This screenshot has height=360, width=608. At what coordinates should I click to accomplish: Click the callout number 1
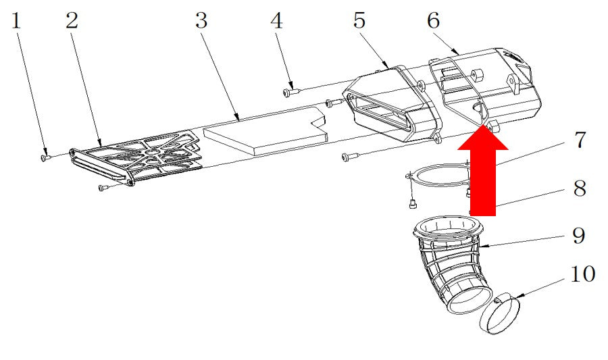tap(16, 21)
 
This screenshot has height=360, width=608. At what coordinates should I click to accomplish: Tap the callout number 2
tap(72, 20)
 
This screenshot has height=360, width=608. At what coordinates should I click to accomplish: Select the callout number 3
tap(201, 20)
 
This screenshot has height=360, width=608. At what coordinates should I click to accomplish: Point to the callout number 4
tap(276, 20)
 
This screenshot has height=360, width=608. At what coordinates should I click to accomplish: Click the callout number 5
tap(359, 20)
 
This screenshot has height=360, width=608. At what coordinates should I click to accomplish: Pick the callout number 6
tap(434, 20)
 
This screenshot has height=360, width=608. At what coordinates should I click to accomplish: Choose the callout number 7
tap(580, 140)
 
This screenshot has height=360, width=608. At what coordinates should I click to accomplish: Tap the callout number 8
tap(580, 188)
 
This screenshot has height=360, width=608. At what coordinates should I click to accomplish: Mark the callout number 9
tap(579, 235)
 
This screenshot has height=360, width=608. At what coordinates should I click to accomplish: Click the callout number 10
tap(583, 274)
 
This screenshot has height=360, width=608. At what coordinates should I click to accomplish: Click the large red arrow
tap(483, 170)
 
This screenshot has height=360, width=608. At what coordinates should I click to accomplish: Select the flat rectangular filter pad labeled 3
tap(265, 131)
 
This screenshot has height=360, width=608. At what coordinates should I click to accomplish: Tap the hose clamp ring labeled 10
tap(500, 314)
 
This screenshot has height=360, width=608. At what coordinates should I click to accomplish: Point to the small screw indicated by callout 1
tap(45, 157)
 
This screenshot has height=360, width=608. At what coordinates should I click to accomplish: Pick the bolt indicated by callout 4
tap(291, 92)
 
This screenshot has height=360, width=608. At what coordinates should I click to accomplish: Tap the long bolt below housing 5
tap(351, 157)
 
